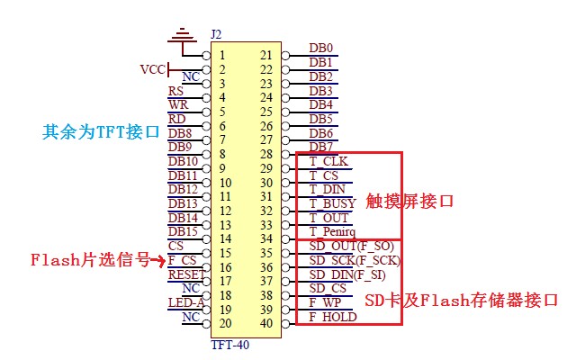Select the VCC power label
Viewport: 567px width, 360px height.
[152, 69]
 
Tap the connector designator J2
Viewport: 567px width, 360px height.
[216, 35]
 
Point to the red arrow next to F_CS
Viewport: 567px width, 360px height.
[157, 261]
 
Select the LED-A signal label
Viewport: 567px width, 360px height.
[185, 302]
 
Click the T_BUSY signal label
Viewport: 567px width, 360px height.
[332, 203]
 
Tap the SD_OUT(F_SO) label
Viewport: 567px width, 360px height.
[350, 246]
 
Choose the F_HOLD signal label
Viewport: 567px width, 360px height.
[333, 317]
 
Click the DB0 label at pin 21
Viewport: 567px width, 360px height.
[321, 49]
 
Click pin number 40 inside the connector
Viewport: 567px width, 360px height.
[265, 323]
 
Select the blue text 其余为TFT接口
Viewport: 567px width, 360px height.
[101, 131]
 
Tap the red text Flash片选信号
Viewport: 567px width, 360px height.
[89, 261]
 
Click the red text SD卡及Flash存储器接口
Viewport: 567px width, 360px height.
[462, 299]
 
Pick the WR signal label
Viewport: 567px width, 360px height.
[178, 105]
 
